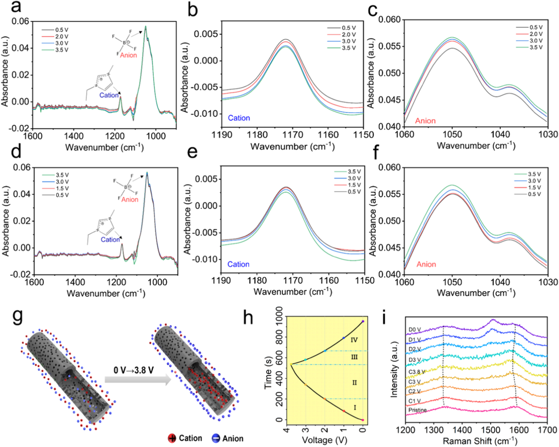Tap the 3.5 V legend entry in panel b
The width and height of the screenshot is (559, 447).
pyautogui.click(x=349, y=48)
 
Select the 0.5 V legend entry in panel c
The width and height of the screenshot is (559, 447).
pyautogui.click(x=536, y=27)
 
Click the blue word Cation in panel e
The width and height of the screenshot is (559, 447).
pyautogui.click(x=238, y=264)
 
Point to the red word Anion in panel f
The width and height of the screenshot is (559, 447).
pyautogui.click(x=426, y=264)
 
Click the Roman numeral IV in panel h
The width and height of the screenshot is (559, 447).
pyautogui.click(x=354, y=340)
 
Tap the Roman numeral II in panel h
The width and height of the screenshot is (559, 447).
pyautogui.click(x=354, y=383)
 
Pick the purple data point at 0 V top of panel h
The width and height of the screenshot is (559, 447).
pyautogui.click(x=363, y=322)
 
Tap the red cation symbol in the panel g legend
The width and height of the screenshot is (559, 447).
pyautogui.click(x=172, y=438)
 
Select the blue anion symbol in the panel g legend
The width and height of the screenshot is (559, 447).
pyautogui.click(x=216, y=438)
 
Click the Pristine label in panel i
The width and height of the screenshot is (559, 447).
pyautogui.click(x=417, y=410)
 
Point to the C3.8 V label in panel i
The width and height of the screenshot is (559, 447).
pyautogui.click(x=416, y=372)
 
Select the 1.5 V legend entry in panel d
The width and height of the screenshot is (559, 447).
pyautogui.click(x=62, y=188)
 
